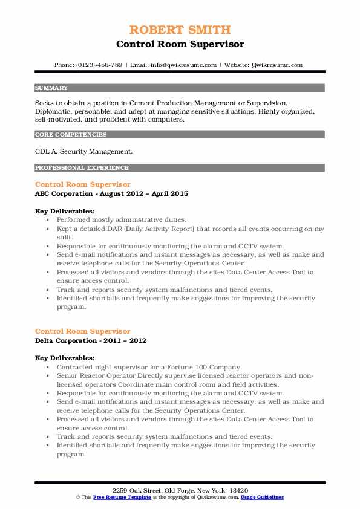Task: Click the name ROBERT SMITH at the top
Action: (x=180, y=30)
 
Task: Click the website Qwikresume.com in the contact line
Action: (x=277, y=65)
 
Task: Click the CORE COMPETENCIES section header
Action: (x=71, y=135)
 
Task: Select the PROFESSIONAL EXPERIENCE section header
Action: (x=82, y=167)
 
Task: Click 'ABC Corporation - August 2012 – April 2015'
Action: (x=111, y=193)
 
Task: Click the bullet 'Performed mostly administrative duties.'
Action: (x=122, y=220)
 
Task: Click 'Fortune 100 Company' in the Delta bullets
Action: (x=209, y=367)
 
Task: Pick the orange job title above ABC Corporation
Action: (x=82, y=184)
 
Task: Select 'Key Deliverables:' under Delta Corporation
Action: (x=65, y=358)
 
